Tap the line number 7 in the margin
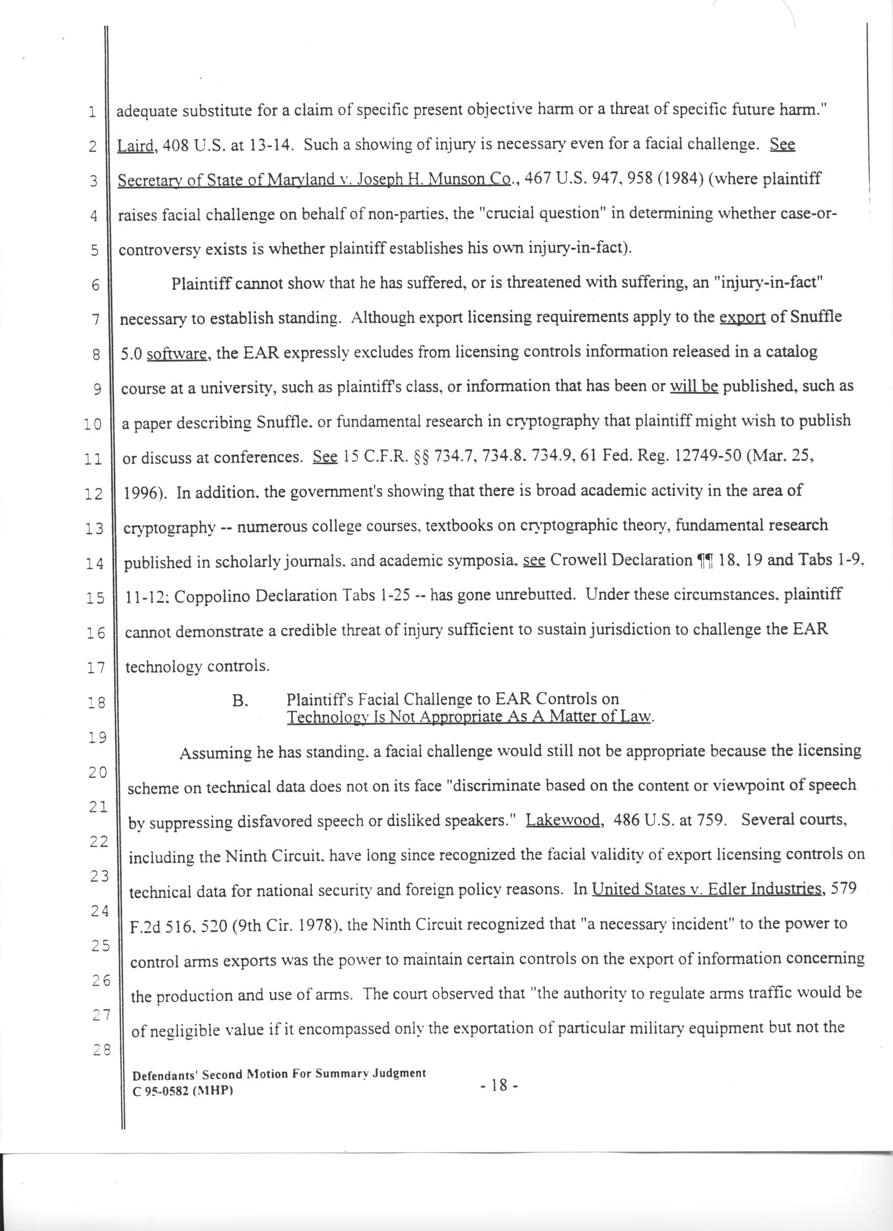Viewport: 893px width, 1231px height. (x=95, y=319)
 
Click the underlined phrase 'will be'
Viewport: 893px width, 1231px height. (x=694, y=387)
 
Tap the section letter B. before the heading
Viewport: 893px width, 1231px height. (x=240, y=700)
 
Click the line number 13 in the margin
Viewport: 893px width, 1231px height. (x=94, y=528)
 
